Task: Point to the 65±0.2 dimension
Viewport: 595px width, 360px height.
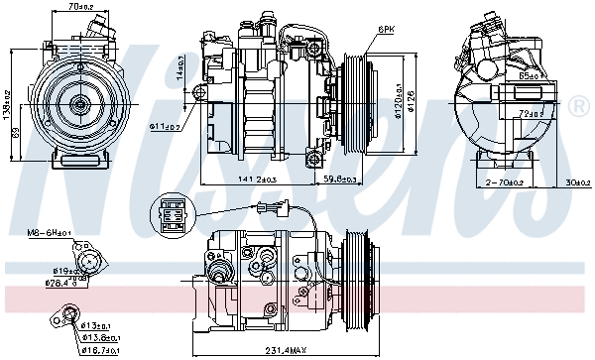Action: point(530,74)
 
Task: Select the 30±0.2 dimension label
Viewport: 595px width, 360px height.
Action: point(572,182)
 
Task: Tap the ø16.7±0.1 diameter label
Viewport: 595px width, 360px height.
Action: point(99,349)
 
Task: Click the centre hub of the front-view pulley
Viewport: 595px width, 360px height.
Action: point(77,102)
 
